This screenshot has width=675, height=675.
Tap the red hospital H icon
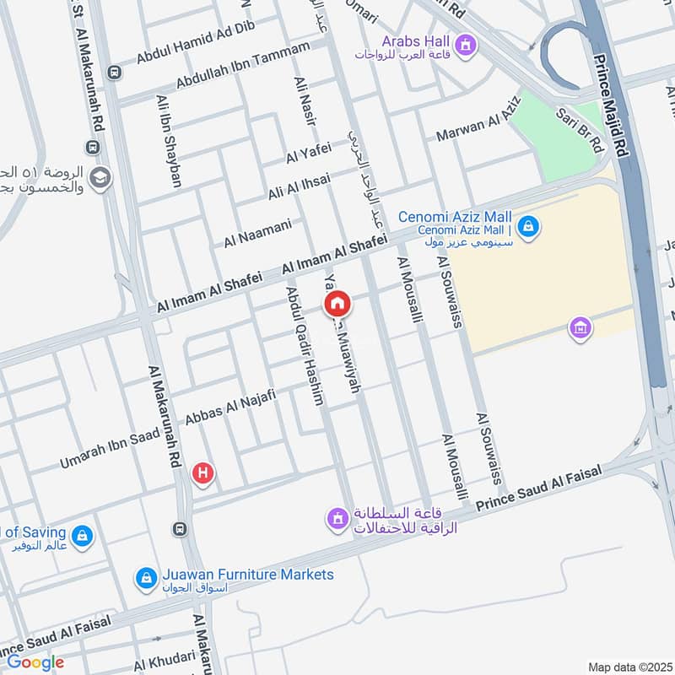[x=202, y=473]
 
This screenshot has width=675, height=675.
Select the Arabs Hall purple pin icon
[x=463, y=42]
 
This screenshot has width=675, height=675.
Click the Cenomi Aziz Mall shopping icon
[x=528, y=226]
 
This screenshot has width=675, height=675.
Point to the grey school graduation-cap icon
[x=100, y=179]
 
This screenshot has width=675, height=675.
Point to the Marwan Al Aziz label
[x=479, y=122]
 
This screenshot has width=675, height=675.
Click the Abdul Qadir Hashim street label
[x=305, y=346]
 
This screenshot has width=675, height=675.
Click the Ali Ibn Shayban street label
[x=170, y=140]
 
